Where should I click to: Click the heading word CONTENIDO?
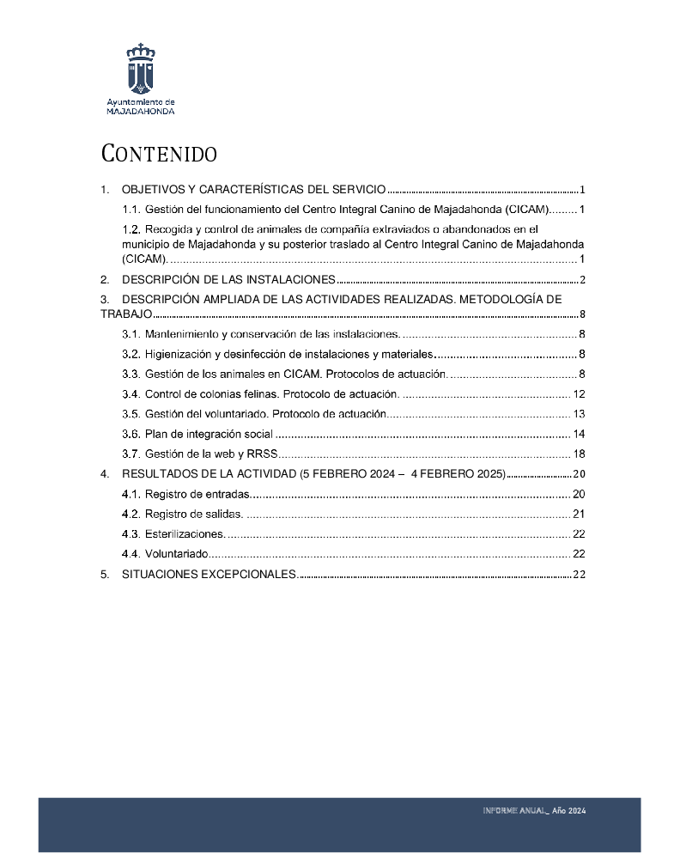pos(159,155)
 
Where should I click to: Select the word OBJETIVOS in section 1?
pos(151,190)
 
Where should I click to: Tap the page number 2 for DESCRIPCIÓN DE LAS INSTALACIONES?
pos(582,280)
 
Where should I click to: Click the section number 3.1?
pos(131,334)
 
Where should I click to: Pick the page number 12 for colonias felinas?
pos(579,394)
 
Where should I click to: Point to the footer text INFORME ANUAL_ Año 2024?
pos(534,811)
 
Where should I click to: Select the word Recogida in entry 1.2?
pos(168,229)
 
